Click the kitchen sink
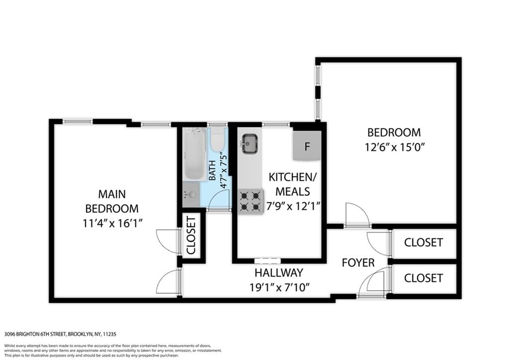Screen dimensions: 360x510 coord(250,143)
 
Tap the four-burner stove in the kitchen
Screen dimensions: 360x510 coord(251,201)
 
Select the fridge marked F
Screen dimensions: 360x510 coord(307,147)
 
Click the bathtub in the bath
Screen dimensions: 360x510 coord(194,153)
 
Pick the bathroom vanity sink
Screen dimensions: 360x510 coord(190,195)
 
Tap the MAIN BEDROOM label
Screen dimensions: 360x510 coord(112,201)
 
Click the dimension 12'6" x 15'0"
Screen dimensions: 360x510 coord(393,147)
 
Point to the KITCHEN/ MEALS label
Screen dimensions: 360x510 coord(292,184)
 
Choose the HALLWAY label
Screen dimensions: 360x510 coord(278,273)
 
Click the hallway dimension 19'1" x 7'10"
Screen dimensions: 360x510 coord(280,287)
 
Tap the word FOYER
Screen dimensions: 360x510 coord(358,262)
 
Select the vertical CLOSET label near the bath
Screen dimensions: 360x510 coord(192,236)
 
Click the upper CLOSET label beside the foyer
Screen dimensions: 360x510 coord(423,242)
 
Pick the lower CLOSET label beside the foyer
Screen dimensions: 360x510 coord(423,278)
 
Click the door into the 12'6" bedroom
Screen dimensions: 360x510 coord(357,215)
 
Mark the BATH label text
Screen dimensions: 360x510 coord(212,171)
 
